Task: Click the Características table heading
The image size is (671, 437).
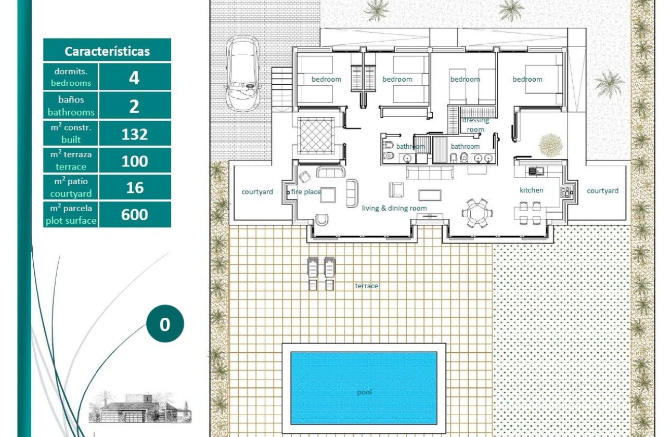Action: tap(107, 51)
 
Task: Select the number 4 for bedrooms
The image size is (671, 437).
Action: tap(134, 78)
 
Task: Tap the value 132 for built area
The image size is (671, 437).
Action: tap(134, 134)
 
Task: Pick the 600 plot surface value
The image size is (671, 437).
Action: tap(134, 214)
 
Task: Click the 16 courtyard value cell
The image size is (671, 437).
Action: tap(134, 187)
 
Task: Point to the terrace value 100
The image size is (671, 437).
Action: tap(134, 161)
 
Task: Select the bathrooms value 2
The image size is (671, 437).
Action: tap(134, 106)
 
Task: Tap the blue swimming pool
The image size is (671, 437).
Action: tap(364, 388)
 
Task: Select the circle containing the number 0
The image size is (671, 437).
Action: tap(164, 325)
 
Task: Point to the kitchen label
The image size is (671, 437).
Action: tap(531, 190)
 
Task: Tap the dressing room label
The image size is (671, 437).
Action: tap(475, 125)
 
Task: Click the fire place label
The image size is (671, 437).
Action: tap(306, 192)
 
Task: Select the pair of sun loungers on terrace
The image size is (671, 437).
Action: tap(321, 273)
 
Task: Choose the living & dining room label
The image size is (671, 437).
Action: tap(394, 208)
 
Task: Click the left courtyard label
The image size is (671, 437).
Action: tap(257, 192)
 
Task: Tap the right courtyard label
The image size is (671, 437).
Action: tap(602, 191)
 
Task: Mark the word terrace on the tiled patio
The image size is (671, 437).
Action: tap(366, 286)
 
